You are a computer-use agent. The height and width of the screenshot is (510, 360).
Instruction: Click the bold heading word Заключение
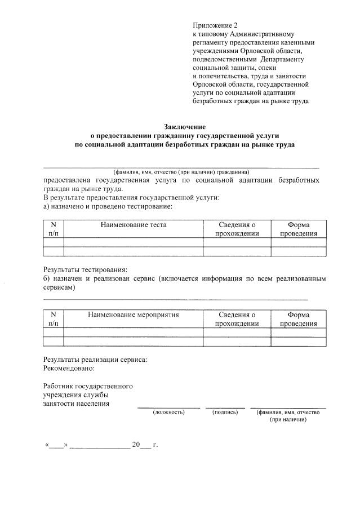point(185,127)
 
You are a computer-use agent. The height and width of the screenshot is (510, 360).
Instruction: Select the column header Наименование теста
point(134,225)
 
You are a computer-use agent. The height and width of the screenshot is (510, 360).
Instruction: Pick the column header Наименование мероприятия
point(133,315)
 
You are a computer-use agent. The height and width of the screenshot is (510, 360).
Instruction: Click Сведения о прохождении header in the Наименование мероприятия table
point(237,320)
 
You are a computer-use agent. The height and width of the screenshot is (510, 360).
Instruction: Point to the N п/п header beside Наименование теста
point(54,229)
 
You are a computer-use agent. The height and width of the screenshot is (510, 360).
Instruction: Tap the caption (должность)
point(168,413)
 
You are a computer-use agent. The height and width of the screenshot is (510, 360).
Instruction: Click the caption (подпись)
point(225,413)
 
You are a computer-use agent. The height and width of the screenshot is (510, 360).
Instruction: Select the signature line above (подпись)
point(225,407)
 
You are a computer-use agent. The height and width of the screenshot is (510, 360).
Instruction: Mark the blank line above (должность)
point(168,407)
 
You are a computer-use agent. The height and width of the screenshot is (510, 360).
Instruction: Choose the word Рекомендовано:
point(69,369)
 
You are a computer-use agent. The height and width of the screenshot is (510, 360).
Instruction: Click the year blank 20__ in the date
point(141,445)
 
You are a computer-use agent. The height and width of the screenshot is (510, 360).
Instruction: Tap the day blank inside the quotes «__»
point(56,445)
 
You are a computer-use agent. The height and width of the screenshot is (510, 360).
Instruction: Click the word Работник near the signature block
point(60,387)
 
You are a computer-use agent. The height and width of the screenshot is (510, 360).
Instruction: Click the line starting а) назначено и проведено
point(100,206)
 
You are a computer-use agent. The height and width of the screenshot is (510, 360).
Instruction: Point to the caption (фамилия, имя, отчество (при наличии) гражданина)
point(181,172)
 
